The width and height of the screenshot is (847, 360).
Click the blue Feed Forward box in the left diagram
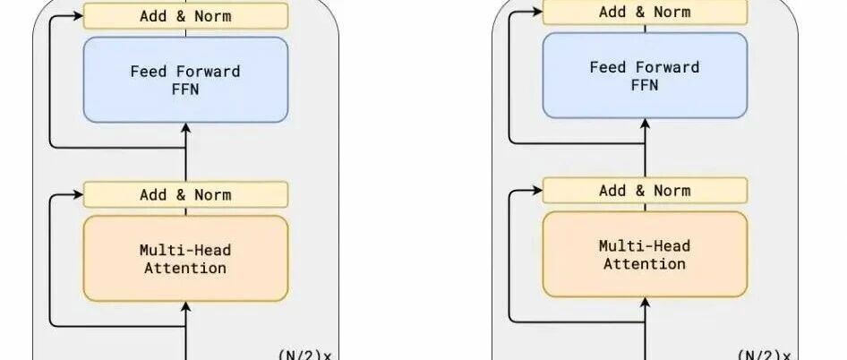[x=185, y=80]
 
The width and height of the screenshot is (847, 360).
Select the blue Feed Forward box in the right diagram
[x=645, y=75]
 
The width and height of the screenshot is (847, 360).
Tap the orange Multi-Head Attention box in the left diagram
[x=185, y=258]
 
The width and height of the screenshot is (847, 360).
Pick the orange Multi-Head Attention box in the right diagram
[x=645, y=254]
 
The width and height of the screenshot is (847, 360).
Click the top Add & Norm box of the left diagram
[x=185, y=15]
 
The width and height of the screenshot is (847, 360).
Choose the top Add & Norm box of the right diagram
[x=645, y=12]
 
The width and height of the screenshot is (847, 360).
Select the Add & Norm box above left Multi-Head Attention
[x=185, y=194]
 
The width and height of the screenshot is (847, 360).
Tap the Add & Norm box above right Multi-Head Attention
[x=645, y=191]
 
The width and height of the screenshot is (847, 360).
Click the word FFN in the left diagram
[x=185, y=90]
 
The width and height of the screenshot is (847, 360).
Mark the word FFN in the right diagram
[x=645, y=85]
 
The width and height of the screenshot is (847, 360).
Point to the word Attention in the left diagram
[x=185, y=268]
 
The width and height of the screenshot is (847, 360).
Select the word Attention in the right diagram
[x=645, y=263]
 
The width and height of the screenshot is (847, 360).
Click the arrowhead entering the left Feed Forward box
[x=185, y=127]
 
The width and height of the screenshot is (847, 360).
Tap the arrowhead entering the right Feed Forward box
[x=645, y=124]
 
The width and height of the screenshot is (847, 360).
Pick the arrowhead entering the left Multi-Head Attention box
[x=185, y=306]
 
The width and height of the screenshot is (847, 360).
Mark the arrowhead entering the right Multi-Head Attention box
[x=645, y=303]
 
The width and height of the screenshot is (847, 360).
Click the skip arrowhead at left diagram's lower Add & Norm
[x=78, y=194]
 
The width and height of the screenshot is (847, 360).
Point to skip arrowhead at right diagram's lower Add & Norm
[x=537, y=191]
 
